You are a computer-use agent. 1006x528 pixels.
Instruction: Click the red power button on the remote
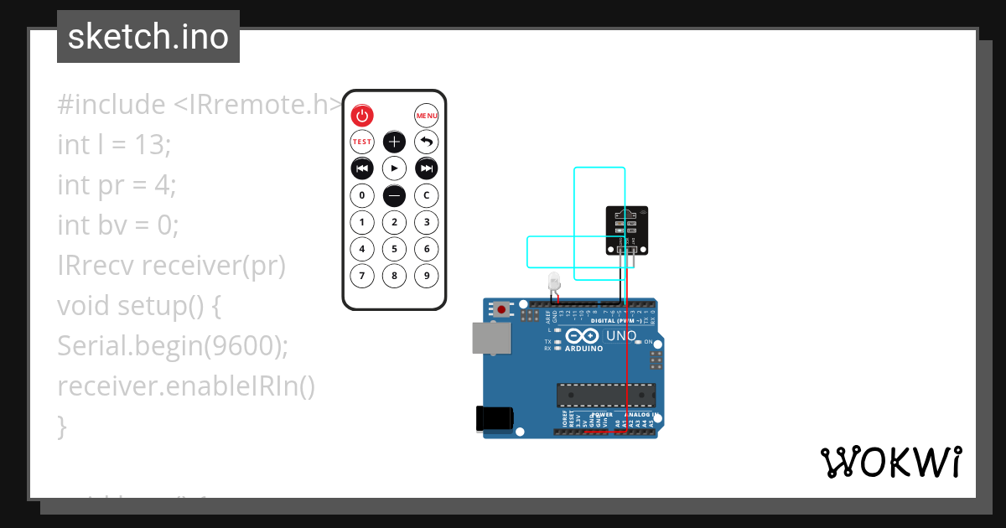(361, 116)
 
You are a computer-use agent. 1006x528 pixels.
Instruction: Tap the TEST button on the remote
(361, 142)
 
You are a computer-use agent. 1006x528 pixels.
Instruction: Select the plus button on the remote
(394, 142)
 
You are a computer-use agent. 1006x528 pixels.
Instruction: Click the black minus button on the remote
(394, 196)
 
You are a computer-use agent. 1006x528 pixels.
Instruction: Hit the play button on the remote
(394, 169)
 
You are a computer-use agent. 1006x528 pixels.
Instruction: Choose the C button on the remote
(427, 196)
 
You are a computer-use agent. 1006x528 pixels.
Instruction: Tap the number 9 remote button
(427, 276)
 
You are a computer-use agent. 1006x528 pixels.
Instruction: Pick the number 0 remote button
(361, 196)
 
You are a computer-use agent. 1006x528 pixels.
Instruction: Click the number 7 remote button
(361, 276)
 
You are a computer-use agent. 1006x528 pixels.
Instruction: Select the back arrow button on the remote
(427, 142)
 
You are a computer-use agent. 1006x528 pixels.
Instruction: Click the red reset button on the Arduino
(501, 309)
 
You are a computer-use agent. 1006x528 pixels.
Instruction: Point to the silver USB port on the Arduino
(490, 339)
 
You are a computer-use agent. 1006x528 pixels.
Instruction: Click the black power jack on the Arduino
(491, 418)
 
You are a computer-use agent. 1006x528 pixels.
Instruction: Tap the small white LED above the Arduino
(553, 281)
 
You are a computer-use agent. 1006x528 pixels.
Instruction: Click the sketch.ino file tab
(148, 37)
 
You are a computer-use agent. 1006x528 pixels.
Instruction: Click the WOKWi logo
(890, 463)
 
